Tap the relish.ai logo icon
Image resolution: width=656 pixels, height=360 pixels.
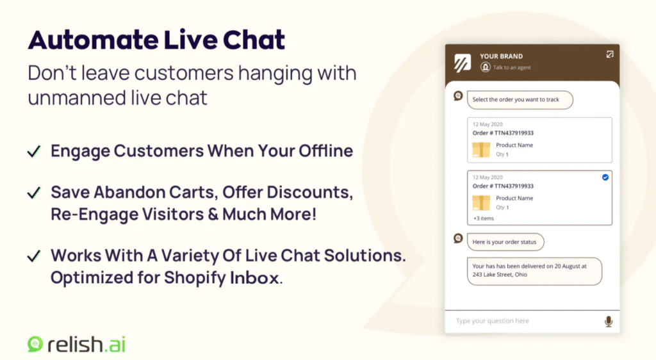click(35, 344)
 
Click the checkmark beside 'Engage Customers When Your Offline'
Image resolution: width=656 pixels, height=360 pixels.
click(33, 152)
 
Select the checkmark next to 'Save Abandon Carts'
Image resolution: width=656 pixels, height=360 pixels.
click(33, 192)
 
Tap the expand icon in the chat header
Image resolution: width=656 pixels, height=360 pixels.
click(610, 55)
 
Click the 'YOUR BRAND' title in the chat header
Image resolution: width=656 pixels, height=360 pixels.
click(501, 56)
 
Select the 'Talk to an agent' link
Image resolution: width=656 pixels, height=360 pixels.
click(511, 67)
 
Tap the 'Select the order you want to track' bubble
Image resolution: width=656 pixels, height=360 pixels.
click(520, 99)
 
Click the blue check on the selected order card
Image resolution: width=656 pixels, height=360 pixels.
click(605, 177)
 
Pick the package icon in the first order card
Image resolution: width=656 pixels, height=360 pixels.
click(481, 149)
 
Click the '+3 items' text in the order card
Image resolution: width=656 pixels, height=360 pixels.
click(484, 218)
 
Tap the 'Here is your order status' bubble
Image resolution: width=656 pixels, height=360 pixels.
click(505, 241)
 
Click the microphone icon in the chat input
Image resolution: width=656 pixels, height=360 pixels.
click(608, 321)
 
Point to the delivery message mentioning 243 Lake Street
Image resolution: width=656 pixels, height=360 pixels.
click(534, 271)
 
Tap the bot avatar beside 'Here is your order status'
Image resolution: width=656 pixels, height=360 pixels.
click(458, 238)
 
